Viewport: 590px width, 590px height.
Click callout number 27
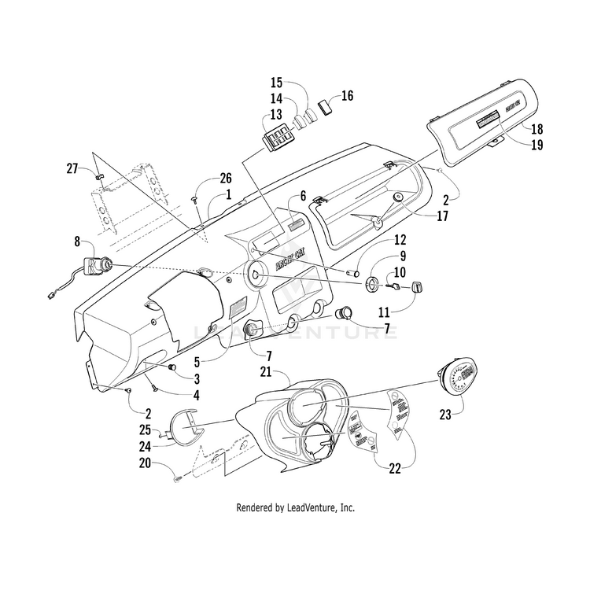point(72,168)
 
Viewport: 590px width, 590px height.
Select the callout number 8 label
point(77,242)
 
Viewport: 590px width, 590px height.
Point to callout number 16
point(347,96)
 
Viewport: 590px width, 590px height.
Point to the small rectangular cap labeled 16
point(326,107)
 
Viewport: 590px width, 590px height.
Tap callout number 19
point(537,145)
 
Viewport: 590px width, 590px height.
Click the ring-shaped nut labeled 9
point(372,283)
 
